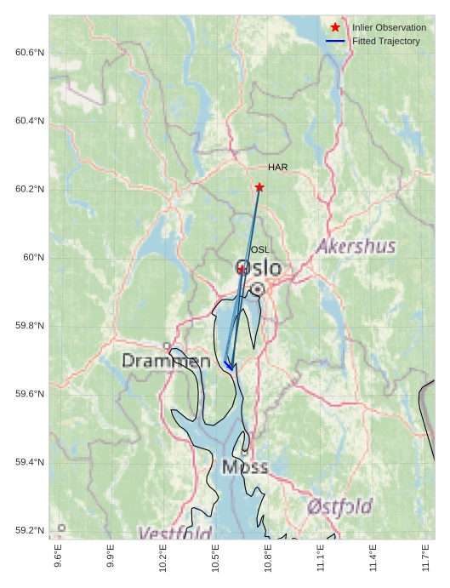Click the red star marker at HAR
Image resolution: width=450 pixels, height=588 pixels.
pos(259,187)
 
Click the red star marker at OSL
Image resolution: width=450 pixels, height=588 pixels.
pos(242,269)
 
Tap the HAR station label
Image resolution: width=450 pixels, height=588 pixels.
pos(277,168)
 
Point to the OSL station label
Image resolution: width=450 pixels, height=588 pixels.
pos(259,249)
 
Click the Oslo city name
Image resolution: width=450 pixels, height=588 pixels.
pos(258,268)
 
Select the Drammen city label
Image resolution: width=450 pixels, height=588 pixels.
pos(166,361)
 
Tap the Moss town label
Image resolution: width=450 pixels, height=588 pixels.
pos(245,466)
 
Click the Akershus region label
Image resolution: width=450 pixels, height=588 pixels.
pos(356,247)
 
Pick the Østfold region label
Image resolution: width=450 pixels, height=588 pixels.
pos(339,506)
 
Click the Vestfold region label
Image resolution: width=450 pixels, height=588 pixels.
pos(175,533)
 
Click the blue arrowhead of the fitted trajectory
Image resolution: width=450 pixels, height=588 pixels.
pos(228,365)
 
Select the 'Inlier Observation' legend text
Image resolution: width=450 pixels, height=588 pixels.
pos(389,27)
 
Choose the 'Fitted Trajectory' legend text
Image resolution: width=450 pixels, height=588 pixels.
pos(385,41)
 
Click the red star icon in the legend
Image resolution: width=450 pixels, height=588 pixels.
pos(335,27)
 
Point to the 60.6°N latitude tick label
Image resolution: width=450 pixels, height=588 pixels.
pos(30,53)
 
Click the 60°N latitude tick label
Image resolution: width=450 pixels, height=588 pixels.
pos(33,257)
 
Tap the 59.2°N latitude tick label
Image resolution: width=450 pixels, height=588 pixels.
pos(30,530)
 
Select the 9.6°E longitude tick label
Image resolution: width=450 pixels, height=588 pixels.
pos(58,557)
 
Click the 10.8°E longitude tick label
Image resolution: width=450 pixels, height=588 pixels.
pos(268,557)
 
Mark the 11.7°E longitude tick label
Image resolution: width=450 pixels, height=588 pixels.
pos(425,557)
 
